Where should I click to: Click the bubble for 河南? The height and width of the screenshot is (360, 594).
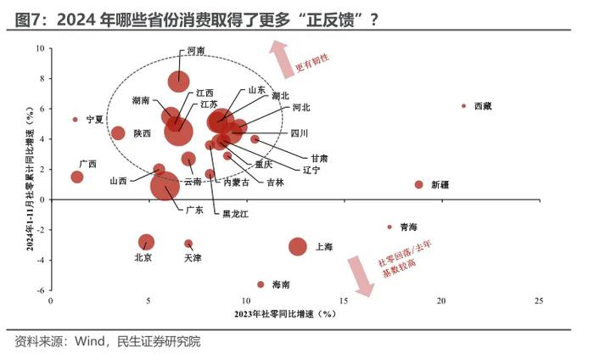[x=178, y=81]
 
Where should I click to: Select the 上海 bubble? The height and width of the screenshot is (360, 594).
[x=297, y=246]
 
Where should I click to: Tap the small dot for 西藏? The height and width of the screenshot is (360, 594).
[x=463, y=106]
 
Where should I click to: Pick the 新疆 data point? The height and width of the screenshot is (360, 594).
[x=418, y=184]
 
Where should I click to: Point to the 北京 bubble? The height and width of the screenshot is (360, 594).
[x=146, y=242]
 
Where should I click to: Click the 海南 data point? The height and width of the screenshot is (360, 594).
[x=261, y=284]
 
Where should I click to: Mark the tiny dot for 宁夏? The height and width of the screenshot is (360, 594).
[x=75, y=120]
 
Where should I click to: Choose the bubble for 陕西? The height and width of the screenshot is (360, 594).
[x=118, y=133]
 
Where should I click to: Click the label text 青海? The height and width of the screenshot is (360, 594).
[x=409, y=227]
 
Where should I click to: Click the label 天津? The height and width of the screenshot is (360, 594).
[x=193, y=257]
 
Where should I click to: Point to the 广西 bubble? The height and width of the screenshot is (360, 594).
[x=77, y=177]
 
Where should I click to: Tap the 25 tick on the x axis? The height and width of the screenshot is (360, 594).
[x=539, y=301]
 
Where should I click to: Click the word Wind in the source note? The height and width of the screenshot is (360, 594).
[x=89, y=341]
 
